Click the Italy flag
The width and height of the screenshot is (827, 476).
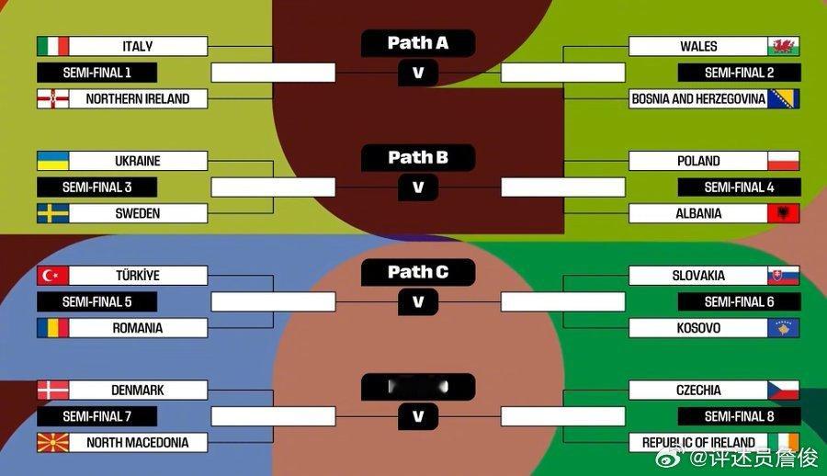pyautogui.click(x=52, y=46)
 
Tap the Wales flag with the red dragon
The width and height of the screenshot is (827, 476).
pyautogui.click(x=783, y=46)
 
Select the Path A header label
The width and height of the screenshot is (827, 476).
pyautogui.click(x=418, y=43)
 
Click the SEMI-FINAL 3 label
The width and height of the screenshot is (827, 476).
pyautogui.click(x=96, y=187)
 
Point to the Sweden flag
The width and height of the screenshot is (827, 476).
pyautogui.click(x=52, y=213)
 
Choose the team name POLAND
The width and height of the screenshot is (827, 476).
pyautogui.click(x=698, y=161)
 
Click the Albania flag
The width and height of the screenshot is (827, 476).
pyautogui.click(x=783, y=213)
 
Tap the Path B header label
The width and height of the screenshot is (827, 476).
pyautogui.click(x=418, y=158)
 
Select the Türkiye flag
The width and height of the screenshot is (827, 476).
pyautogui.click(x=52, y=276)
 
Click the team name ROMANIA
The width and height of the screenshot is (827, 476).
pyautogui.click(x=138, y=328)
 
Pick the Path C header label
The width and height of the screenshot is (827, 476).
pyautogui.click(x=418, y=272)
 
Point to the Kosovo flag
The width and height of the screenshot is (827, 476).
pyautogui.click(x=783, y=328)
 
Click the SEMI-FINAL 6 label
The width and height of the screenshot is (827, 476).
pyautogui.click(x=739, y=301)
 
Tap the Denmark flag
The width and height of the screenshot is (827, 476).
pyautogui.click(x=52, y=390)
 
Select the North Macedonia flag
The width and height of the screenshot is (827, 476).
pyautogui.click(x=52, y=443)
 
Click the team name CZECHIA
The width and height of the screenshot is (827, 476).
pyautogui.click(x=698, y=390)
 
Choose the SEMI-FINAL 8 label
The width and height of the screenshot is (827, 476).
pyautogui.click(x=739, y=416)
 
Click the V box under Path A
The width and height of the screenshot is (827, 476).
pyautogui.click(x=418, y=73)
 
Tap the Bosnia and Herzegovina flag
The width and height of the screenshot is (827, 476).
pyautogui.click(x=783, y=98)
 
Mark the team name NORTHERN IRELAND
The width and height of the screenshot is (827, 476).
pyautogui.click(x=138, y=98)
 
